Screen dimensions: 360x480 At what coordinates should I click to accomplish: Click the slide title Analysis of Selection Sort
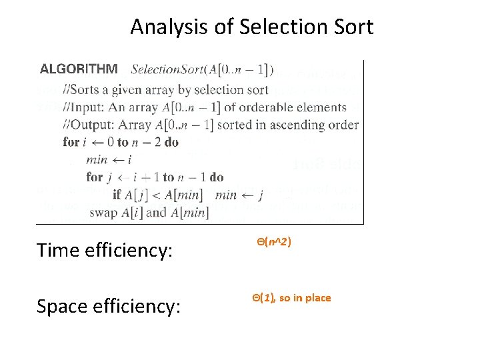point(252,27)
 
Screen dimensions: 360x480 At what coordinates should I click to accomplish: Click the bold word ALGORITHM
point(79,69)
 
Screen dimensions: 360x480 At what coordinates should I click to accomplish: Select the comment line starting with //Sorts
point(166,89)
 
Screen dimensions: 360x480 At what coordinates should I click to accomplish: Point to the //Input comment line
point(205,107)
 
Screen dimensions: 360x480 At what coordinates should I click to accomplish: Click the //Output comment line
point(211,125)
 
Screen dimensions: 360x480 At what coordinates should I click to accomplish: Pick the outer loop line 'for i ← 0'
point(121,142)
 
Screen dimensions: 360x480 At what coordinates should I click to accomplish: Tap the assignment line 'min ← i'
point(109,160)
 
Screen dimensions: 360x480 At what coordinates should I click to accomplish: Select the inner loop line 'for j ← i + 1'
point(155,177)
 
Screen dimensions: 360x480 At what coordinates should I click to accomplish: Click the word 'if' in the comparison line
point(117,195)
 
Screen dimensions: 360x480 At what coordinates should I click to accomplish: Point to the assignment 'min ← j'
point(239,195)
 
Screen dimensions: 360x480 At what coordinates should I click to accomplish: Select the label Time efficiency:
point(105,250)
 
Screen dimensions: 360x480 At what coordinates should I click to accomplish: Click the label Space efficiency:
point(109,306)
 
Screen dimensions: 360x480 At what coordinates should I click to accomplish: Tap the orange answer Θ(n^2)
point(273,242)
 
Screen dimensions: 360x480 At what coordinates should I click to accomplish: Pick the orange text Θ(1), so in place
point(291,298)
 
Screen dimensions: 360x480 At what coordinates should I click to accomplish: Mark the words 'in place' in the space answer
point(311,298)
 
